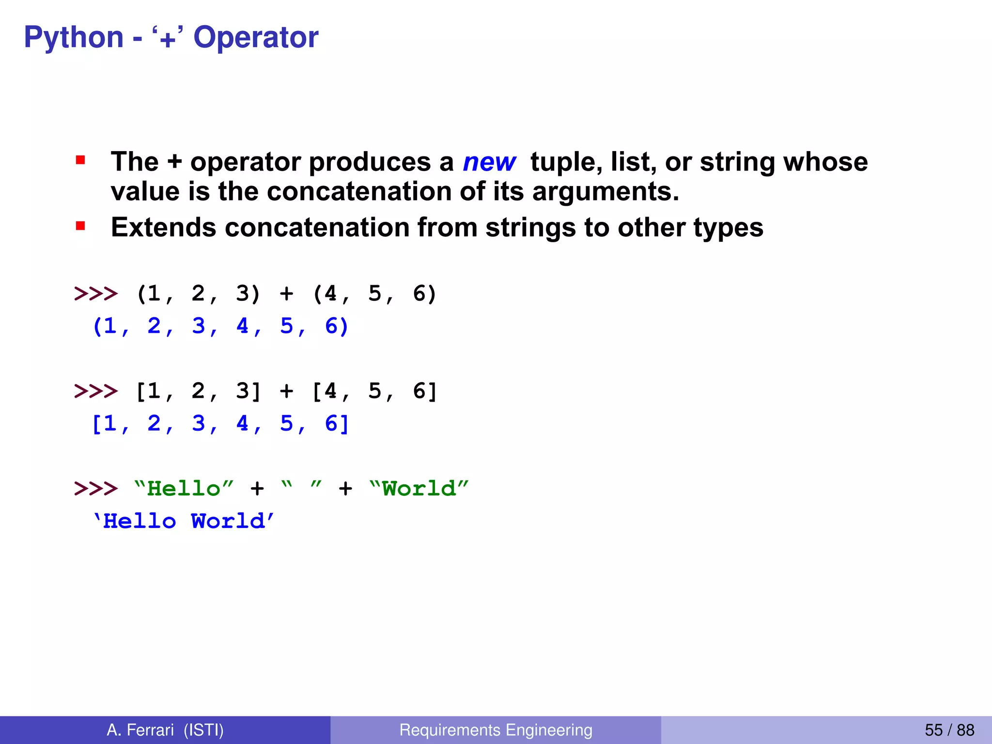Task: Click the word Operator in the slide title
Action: (x=256, y=38)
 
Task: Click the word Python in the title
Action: (x=74, y=38)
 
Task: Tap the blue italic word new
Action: (x=489, y=162)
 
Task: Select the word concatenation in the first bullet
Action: (x=359, y=191)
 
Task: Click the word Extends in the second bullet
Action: (x=163, y=227)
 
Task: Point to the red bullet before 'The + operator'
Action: (x=80, y=160)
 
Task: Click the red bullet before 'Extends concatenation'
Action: (x=80, y=226)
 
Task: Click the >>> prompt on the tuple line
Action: (x=95, y=294)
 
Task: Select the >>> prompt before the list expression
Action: (x=95, y=391)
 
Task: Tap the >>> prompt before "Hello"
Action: (x=95, y=488)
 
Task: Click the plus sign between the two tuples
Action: (x=286, y=294)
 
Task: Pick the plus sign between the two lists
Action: (x=286, y=391)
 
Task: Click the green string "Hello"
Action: (x=184, y=488)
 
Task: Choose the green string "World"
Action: (x=418, y=488)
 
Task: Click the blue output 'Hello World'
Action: (x=184, y=521)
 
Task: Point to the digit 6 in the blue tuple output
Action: (x=331, y=326)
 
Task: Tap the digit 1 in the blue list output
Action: (x=110, y=424)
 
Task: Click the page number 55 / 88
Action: (x=949, y=730)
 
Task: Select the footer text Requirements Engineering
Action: (x=496, y=730)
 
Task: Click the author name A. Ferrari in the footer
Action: (x=140, y=730)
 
